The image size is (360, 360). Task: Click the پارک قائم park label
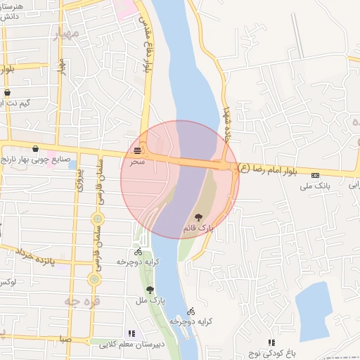pos(199,229)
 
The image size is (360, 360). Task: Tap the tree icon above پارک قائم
pos(200,218)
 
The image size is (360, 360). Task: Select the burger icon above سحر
pos(138,150)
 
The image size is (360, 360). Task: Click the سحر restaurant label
pos(137,162)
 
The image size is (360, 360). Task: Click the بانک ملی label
pos(314,186)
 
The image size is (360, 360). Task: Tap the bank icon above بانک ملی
pos(315,175)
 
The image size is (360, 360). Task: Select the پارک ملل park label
pos(149,301)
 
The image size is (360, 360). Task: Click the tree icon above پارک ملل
pos(149,289)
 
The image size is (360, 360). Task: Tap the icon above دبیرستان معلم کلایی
pos(131,333)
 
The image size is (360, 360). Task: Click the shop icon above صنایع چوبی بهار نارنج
pos(36,149)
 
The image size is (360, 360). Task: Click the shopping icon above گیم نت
pos(8,92)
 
